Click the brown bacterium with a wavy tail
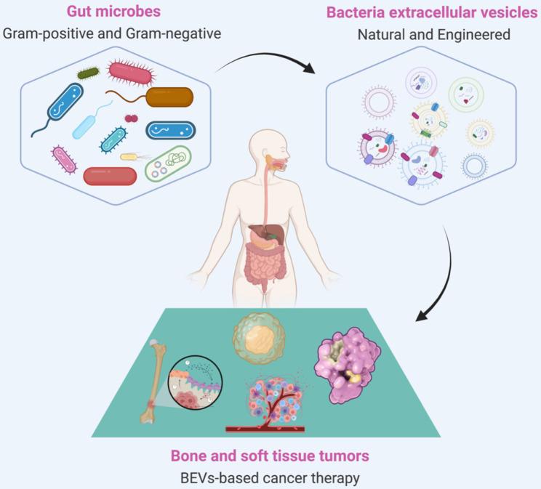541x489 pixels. pyautogui.click(x=169, y=97)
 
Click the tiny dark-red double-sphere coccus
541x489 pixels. pyautogui.click(x=131, y=118)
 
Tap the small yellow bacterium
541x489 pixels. pyautogui.click(x=130, y=155)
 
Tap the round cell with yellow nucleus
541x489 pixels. pyautogui.click(x=256, y=338)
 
